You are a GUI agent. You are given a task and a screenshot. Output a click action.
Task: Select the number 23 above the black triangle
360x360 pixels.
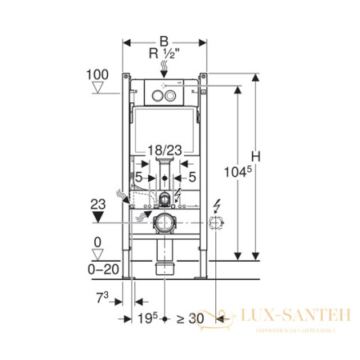pos(98,202)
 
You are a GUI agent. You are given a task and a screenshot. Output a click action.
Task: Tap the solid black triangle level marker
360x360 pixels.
pos(98,216)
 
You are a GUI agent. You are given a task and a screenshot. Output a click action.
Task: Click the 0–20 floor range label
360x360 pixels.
pos(98,270)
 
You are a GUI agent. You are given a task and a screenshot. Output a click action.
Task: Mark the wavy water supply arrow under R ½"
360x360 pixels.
pos(163,70)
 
